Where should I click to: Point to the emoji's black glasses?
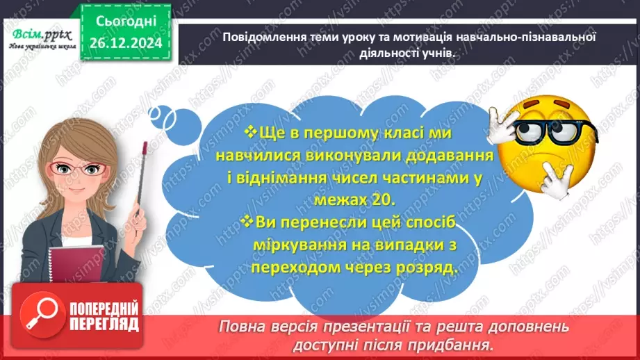tap(549, 131)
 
